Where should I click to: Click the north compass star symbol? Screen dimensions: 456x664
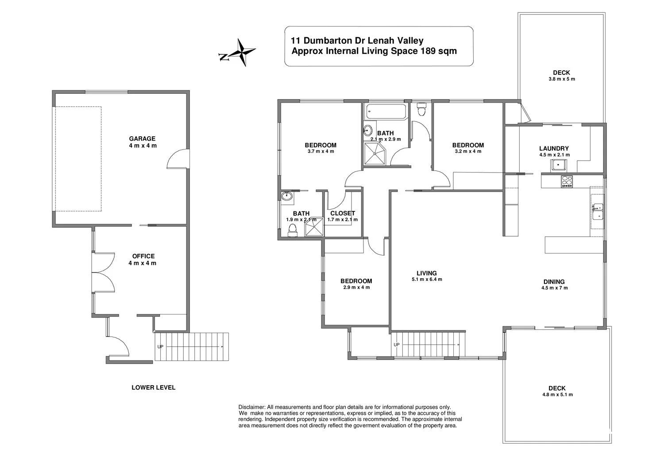coord(241,53)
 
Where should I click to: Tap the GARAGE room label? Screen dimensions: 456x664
coord(142,138)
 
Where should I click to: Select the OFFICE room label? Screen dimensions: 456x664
coord(143,256)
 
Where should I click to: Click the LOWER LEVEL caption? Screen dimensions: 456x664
coord(153,387)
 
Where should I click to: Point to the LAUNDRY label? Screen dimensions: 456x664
coord(554,149)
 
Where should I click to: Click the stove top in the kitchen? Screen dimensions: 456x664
coord(567,181)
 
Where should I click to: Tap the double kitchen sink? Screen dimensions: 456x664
coord(598,211)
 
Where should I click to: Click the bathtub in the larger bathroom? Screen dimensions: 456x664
coord(386,112)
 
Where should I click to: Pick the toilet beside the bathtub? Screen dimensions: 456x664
coord(421,108)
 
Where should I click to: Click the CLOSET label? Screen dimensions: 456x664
coord(343,213)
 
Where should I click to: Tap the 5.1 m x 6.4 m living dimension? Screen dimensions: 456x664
coord(427,280)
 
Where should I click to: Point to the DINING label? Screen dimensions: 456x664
coord(554,282)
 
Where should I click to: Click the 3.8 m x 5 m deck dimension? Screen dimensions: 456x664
coord(561,79)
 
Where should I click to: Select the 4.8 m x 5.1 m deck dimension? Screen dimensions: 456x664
coord(557,395)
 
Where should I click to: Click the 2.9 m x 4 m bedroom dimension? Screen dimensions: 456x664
coord(356,287)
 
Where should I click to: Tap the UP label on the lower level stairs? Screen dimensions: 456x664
coord(160,347)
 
